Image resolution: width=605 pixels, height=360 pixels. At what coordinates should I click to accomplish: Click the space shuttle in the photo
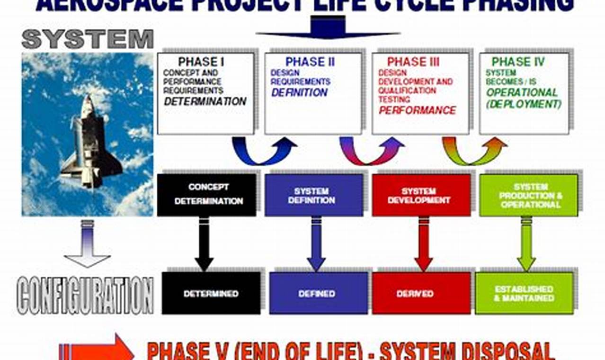[x=90, y=142]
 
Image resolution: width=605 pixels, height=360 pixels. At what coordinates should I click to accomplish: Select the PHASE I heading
[x=201, y=62]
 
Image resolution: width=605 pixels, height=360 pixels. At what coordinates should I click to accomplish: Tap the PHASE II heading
[x=310, y=62]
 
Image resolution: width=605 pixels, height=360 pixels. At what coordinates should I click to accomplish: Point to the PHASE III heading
[x=413, y=62]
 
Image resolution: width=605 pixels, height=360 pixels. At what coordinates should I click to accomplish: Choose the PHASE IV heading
[x=518, y=62]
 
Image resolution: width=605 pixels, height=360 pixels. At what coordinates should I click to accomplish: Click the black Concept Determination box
[x=207, y=195]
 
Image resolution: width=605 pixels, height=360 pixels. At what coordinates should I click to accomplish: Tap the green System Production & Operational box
[x=528, y=195]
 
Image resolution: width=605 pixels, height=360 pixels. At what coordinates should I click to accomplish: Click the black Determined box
[x=211, y=293]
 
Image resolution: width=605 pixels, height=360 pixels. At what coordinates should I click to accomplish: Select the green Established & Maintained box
[x=524, y=293]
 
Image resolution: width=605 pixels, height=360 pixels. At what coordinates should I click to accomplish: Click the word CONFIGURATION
[x=85, y=296]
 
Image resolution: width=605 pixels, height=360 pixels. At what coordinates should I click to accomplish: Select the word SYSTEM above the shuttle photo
[x=88, y=39]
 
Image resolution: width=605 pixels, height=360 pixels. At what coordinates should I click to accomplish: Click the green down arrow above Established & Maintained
[x=525, y=244]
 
